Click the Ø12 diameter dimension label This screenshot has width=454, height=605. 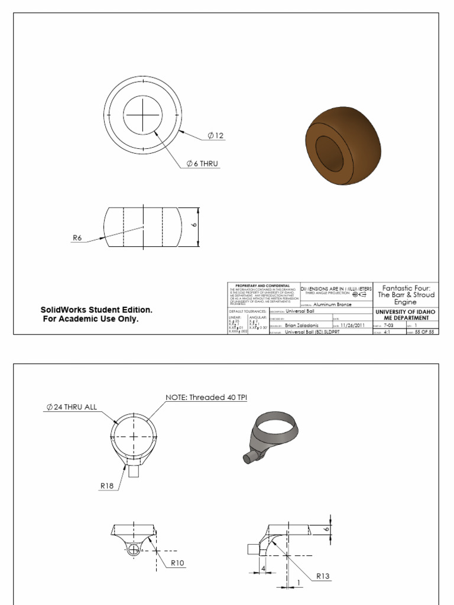click(216, 136)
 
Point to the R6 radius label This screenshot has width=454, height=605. click(77, 238)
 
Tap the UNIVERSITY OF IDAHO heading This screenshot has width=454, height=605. click(406, 311)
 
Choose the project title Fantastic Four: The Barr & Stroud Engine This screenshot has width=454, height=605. click(406, 294)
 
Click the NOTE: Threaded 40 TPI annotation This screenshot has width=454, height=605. click(206, 398)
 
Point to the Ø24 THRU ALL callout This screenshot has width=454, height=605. click(72, 407)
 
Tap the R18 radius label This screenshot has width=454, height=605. click(106, 487)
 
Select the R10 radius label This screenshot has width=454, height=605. click(177, 563)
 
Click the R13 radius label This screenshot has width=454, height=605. click(323, 576)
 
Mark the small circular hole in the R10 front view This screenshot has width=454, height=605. click(134, 549)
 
